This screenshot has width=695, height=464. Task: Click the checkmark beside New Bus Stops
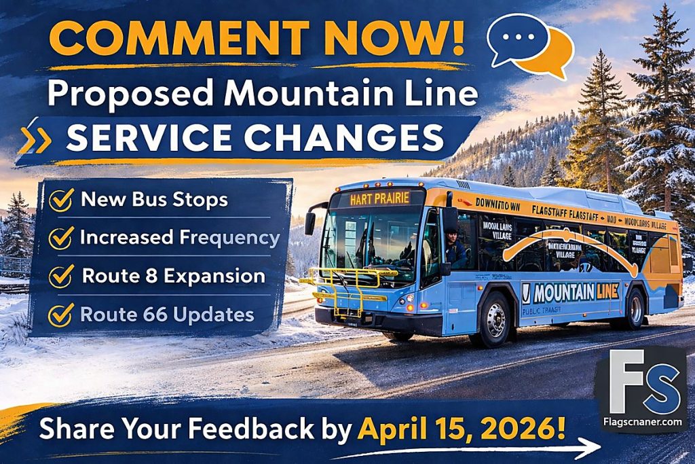[x=62, y=200]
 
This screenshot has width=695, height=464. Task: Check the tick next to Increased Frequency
[x=62, y=238]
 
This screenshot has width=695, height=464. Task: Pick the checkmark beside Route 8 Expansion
[x=62, y=276]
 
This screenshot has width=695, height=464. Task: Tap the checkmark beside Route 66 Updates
[x=62, y=314]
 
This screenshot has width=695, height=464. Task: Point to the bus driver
[x=454, y=248]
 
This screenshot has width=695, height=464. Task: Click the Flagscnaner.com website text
[x=641, y=422]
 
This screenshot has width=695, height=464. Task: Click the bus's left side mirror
[x=310, y=222]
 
